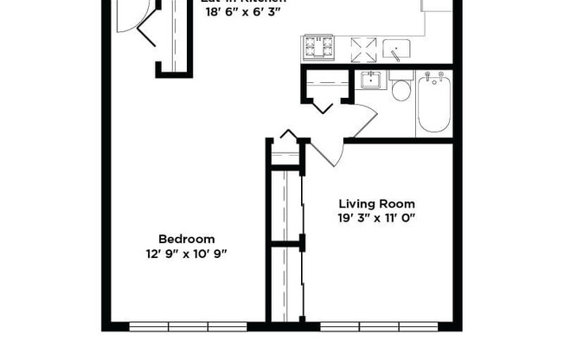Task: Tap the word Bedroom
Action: pyautogui.click(x=186, y=239)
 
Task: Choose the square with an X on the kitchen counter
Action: pyautogui.click(x=361, y=47)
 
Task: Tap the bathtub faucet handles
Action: pyautogui.click(x=433, y=78)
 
